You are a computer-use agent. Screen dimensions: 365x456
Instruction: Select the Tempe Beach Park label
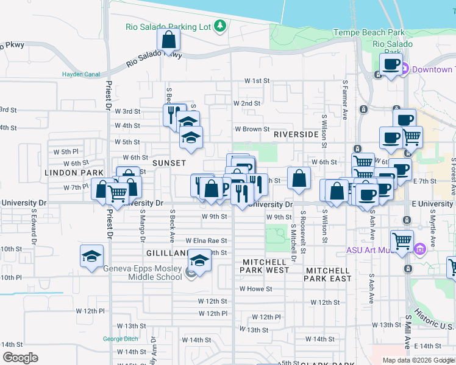[369, 32]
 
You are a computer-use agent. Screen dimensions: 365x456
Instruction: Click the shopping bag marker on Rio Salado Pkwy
[168, 40]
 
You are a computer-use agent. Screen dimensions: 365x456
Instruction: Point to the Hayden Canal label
[80, 75]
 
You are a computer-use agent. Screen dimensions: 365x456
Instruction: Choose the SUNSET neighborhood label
[168, 164]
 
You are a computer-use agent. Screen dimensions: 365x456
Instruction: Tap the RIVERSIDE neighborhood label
[296, 134]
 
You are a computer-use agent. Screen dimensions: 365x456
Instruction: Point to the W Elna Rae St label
[206, 241]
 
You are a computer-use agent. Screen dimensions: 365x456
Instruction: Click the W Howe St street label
[255, 289]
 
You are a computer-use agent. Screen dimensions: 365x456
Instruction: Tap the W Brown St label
[252, 129]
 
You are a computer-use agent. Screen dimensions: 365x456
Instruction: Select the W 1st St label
[257, 80]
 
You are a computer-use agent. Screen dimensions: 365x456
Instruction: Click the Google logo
[20, 358]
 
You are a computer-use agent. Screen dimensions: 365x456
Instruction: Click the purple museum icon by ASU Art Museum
[419, 249]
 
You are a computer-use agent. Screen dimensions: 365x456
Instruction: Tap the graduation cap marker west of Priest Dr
[91, 255]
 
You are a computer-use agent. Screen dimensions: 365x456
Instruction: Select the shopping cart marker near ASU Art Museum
[402, 240]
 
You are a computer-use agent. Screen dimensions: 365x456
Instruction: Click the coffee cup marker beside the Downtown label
[390, 64]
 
